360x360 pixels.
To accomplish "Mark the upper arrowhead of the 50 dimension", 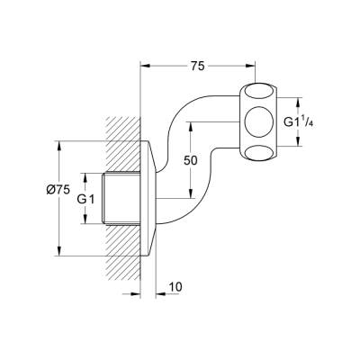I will (x=192, y=123).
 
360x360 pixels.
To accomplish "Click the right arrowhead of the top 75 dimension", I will (x=255, y=66).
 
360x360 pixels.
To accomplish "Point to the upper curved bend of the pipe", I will (x=193, y=99).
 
